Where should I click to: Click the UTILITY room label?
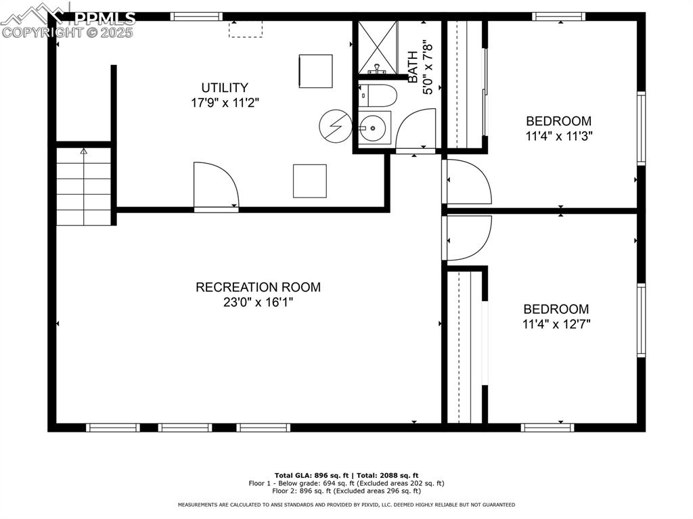(x=224, y=87)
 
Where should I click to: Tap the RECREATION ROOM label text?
(x=258, y=287)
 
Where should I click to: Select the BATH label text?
(x=412, y=68)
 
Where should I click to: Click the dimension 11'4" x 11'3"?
(x=559, y=136)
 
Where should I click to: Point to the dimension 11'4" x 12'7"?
(x=556, y=324)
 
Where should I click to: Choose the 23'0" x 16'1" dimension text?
(x=258, y=303)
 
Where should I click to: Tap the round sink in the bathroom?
(x=372, y=127)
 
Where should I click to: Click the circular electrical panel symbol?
(x=334, y=126)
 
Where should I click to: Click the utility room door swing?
(x=215, y=185)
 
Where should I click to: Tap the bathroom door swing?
(x=414, y=131)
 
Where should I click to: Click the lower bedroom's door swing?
(x=466, y=238)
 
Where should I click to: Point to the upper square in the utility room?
(x=315, y=71)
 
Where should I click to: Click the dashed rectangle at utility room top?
(x=245, y=28)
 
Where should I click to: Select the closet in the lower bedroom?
(x=464, y=345)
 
